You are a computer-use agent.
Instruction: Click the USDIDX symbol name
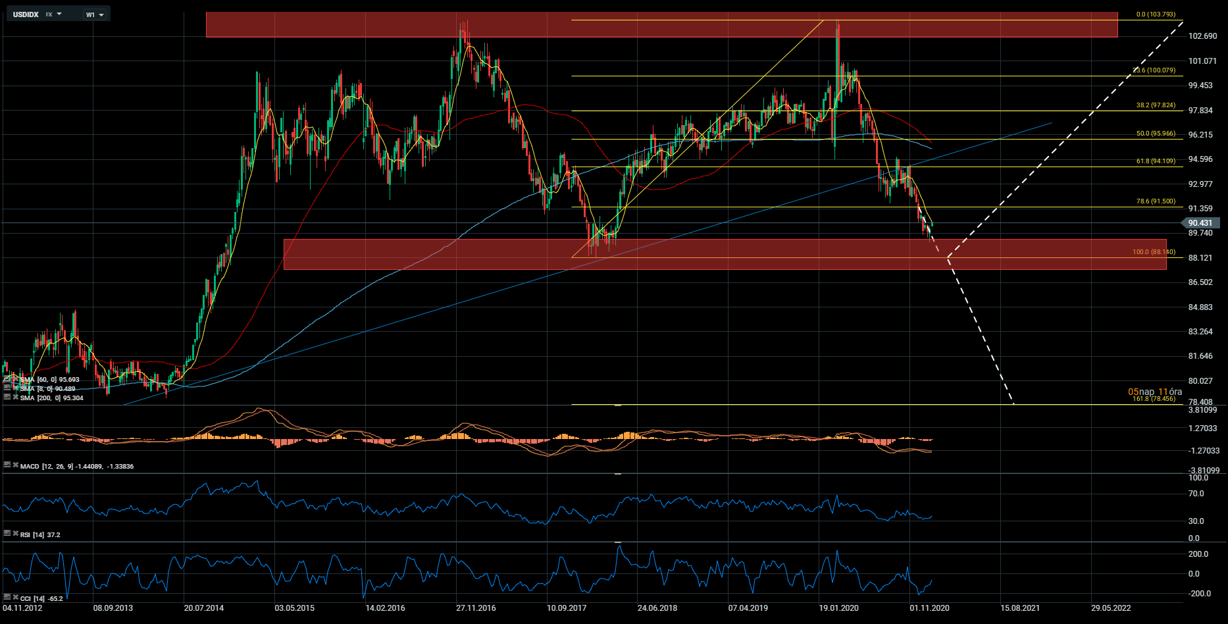[26, 14]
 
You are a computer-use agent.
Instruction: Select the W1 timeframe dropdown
[95, 14]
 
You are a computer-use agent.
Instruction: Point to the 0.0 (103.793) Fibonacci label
[1156, 14]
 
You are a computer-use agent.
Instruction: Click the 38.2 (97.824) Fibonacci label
[1156, 105]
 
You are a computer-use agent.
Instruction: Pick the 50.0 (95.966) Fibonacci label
[1156, 134]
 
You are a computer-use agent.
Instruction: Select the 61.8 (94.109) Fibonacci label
[1156, 161]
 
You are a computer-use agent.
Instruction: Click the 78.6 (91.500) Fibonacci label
[1156, 202]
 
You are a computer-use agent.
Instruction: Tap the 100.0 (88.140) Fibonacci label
[1154, 252]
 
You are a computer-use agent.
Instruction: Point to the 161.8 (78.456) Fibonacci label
[1154, 399]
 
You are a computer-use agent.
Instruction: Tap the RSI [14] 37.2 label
[40, 535]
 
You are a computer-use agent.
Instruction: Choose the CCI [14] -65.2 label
[41, 599]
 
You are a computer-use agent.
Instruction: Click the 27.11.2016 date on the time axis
[476, 608]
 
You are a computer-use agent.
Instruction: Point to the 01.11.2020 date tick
[929, 608]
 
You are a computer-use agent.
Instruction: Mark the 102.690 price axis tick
[1203, 36]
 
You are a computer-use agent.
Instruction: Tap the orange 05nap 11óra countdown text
[1155, 392]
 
